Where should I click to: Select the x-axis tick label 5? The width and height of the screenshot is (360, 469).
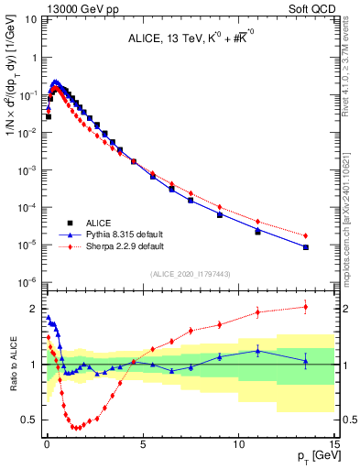[142, 444]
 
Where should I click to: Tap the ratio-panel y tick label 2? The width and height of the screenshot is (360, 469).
[31, 309]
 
